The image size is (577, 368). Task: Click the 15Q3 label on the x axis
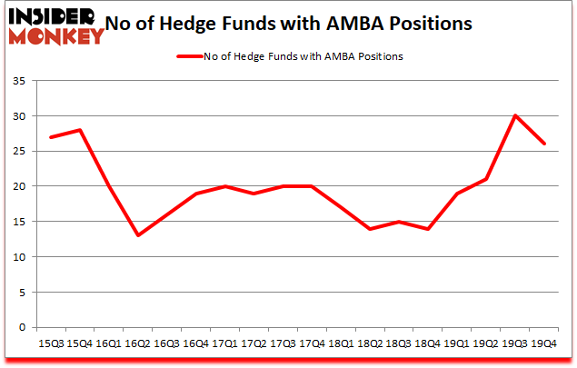tap(50, 343)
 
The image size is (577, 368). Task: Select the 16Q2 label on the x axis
tap(138, 343)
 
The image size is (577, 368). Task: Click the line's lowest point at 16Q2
tap(138, 235)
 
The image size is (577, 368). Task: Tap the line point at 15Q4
tap(80, 130)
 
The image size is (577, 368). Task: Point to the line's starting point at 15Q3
tap(51, 137)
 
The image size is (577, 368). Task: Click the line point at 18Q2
tap(371, 229)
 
